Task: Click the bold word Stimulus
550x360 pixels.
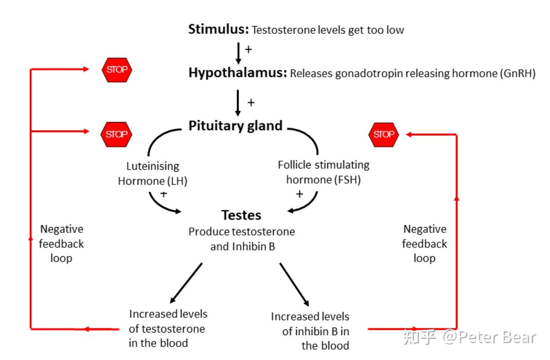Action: pos(218,30)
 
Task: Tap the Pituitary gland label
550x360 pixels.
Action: pos(235,126)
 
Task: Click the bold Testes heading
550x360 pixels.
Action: pos(241,215)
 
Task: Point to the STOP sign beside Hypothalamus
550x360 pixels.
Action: pos(117,70)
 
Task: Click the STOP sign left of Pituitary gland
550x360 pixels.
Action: pos(116,135)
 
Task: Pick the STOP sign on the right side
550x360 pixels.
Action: pos(383,135)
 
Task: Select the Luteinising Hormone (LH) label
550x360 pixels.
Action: pos(153,173)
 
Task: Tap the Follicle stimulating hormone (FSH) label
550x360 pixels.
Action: pos(324,172)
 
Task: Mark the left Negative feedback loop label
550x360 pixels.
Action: pos(62,244)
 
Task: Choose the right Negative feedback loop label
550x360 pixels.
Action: pos(424,244)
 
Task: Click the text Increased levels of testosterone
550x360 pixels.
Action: pos(167,328)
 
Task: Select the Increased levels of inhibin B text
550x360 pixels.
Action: pos(310,331)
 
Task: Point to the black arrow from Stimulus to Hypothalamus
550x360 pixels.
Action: pos(238,53)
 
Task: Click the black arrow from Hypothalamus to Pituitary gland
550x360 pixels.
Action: pos(238,103)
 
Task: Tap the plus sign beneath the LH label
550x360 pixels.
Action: pos(164,194)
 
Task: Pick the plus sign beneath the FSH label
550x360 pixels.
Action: pos(299,194)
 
